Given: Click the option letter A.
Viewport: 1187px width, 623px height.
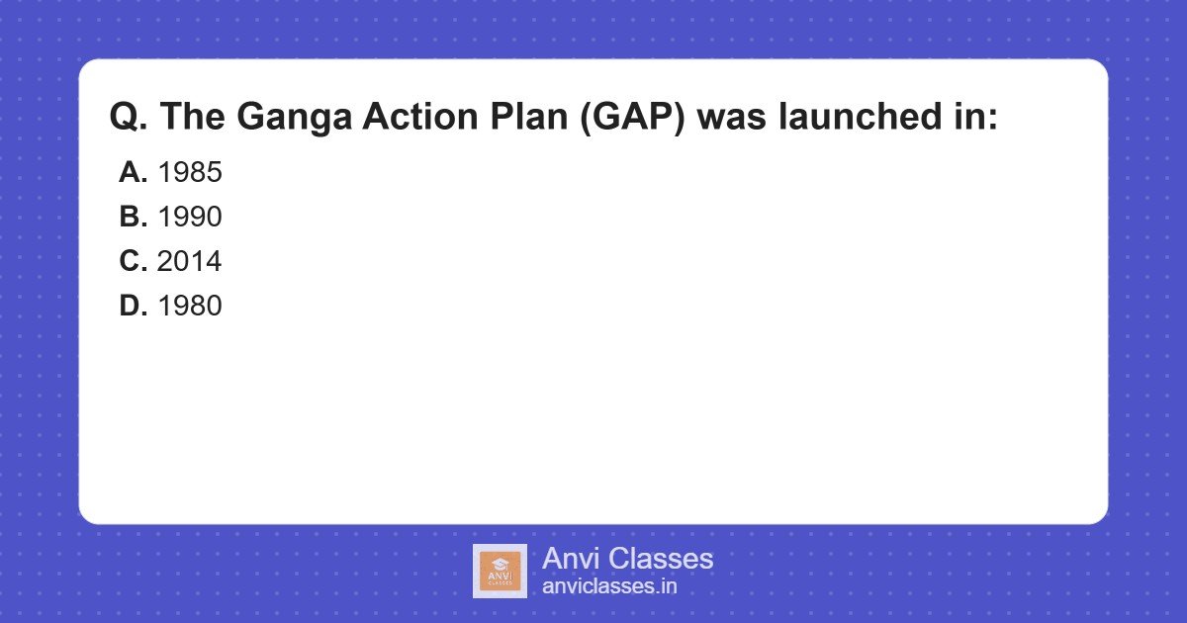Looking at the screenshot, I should click(133, 173).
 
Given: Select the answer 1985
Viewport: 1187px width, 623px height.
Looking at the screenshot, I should click(190, 173).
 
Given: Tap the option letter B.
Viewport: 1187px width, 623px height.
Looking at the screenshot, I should click(133, 218).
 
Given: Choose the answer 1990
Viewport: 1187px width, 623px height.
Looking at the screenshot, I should click(190, 218).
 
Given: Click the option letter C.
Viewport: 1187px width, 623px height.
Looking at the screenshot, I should click(133, 262).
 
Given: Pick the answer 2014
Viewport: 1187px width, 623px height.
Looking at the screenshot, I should click(190, 262).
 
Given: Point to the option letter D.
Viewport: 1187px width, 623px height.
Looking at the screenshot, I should click(133, 307).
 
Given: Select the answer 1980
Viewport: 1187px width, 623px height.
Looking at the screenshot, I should click(190, 307).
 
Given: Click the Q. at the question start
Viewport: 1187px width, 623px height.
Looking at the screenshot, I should click(129, 118).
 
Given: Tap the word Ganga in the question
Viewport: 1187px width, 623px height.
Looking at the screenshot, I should click(293, 118).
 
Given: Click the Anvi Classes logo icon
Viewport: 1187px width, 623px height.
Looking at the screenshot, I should click(500, 571).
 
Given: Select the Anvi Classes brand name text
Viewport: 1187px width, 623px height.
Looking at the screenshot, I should click(627, 559).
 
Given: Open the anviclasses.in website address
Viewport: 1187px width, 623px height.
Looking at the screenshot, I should click(609, 586).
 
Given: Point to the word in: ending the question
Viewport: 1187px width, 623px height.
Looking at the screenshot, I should click(967, 118).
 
